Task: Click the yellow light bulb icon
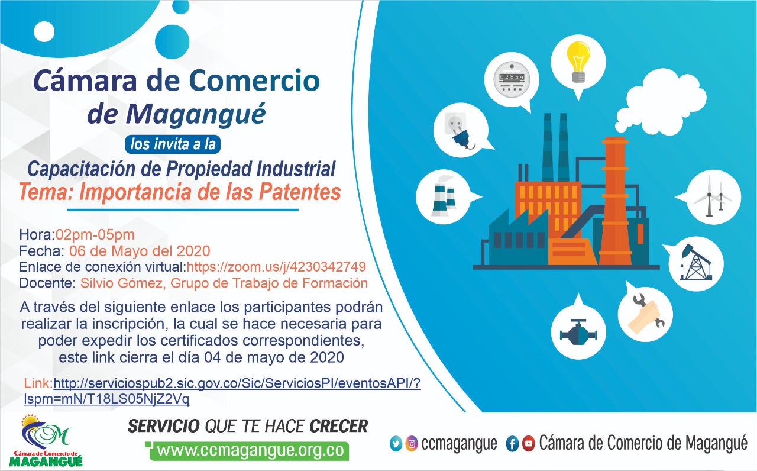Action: [578, 62]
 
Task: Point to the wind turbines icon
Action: [713, 196]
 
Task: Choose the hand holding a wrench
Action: [645, 312]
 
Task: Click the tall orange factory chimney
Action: [616, 201]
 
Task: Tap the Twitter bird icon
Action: [396, 444]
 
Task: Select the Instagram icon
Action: [411, 444]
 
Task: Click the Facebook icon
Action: [512, 444]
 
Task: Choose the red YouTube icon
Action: [529, 444]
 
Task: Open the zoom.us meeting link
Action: [276, 267]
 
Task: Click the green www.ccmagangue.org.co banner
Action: [249, 451]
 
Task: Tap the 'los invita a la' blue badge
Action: [173, 144]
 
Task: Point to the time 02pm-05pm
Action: [95, 235]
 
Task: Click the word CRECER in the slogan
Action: [339, 426]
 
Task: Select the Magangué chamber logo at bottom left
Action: [46, 441]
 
